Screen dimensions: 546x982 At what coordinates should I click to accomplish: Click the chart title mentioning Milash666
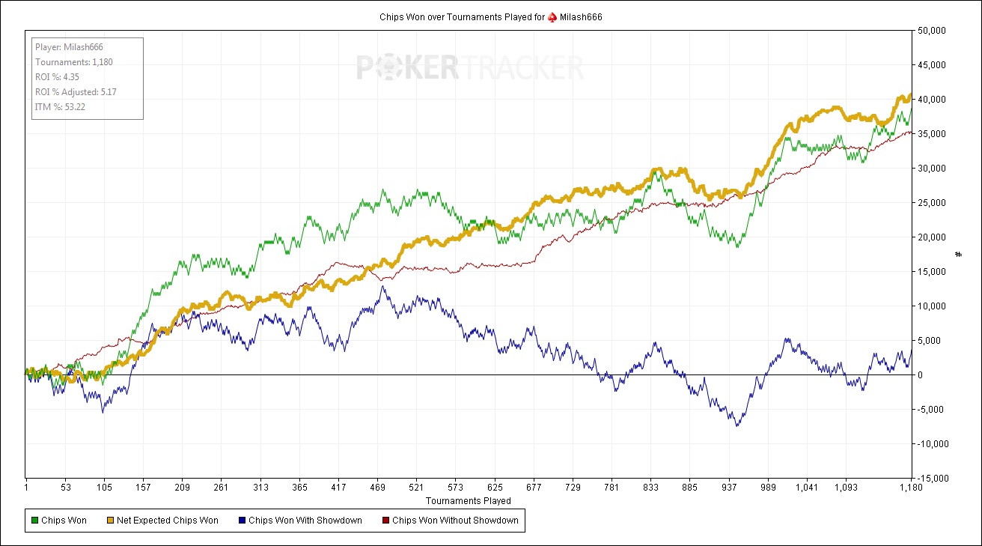[x=490, y=16]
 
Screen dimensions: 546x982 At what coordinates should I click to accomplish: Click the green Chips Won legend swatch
[x=34, y=521]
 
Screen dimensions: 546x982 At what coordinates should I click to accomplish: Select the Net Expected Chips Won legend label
[x=167, y=521]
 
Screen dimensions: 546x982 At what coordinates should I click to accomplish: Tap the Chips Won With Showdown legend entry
[x=305, y=521]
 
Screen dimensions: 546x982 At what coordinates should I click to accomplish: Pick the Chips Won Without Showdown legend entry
[x=455, y=521]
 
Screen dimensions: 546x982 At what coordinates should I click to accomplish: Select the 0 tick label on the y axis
[x=920, y=374]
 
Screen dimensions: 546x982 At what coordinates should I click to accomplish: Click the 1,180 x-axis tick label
[x=909, y=488]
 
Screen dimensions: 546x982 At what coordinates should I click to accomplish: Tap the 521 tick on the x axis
[x=416, y=488]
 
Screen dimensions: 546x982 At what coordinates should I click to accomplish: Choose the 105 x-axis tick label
[x=104, y=488]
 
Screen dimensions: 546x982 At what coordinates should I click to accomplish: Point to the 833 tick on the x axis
[x=650, y=488]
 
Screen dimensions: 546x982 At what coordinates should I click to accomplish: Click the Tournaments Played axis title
[x=469, y=500]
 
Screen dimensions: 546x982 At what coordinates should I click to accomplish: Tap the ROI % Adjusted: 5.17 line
[x=76, y=92]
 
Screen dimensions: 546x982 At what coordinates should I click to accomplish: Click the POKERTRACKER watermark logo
[x=469, y=67]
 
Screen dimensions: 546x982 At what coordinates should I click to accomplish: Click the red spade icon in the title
[x=552, y=16]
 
